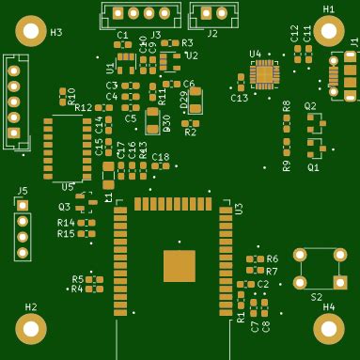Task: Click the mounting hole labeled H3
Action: coord(31,32)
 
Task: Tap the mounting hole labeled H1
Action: coord(328,31)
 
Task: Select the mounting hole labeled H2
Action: coord(31,328)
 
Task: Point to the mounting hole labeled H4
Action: coord(328,328)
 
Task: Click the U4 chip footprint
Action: coord(264,73)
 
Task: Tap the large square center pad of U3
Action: coord(179,265)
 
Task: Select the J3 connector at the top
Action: coord(141,13)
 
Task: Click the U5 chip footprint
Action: coord(60,148)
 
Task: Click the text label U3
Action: coord(239,209)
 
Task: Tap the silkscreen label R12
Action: coord(84,108)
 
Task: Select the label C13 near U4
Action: coord(240,98)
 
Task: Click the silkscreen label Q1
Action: coord(313,167)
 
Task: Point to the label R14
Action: coord(65,223)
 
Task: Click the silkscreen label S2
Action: coord(316,296)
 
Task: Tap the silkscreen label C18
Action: coord(161,157)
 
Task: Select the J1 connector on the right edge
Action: coord(344,75)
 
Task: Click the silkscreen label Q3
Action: coord(64,207)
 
